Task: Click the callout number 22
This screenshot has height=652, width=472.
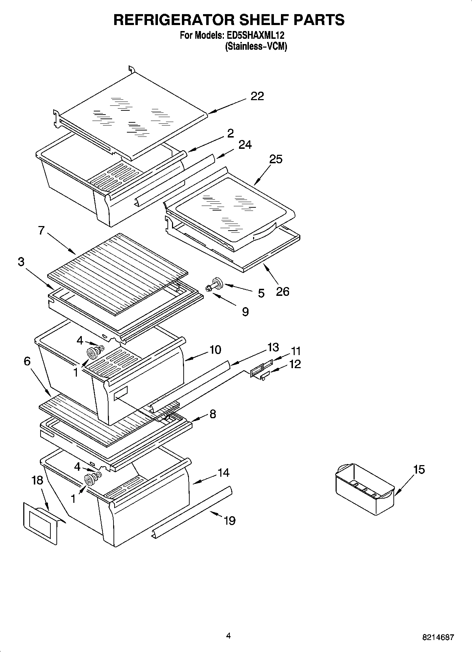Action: pyautogui.click(x=257, y=96)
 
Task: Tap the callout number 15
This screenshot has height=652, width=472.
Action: pyautogui.click(x=419, y=469)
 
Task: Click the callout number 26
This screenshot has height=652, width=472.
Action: pyautogui.click(x=282, y=291)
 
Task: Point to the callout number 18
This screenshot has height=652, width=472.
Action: pyautogui.click(x=37, y=480)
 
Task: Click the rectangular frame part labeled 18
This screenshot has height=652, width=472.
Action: pyautogui.click(x=40, y=523)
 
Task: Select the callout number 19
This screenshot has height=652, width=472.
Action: pyautogui.click(x=229, y=520)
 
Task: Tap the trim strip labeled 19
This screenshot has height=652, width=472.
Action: pyautogui.click(x=192, y=512)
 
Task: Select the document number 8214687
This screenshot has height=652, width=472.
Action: pyautogui.click(x=438, y=638)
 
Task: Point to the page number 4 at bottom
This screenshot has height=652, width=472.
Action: pyautogui.click(x=228, y=636)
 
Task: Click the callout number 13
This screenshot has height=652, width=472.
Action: pyautogui.click(x=273, y=347)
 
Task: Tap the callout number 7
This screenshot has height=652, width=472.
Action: pyautogui.click(x=41, y=230)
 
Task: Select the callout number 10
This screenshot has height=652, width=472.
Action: pyautogui.click(x=215, y=349)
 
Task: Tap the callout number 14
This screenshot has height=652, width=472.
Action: pyautogui.click(x=223, y=473)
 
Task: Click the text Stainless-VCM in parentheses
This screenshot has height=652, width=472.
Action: pyautogui.click(x=256, y=46)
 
